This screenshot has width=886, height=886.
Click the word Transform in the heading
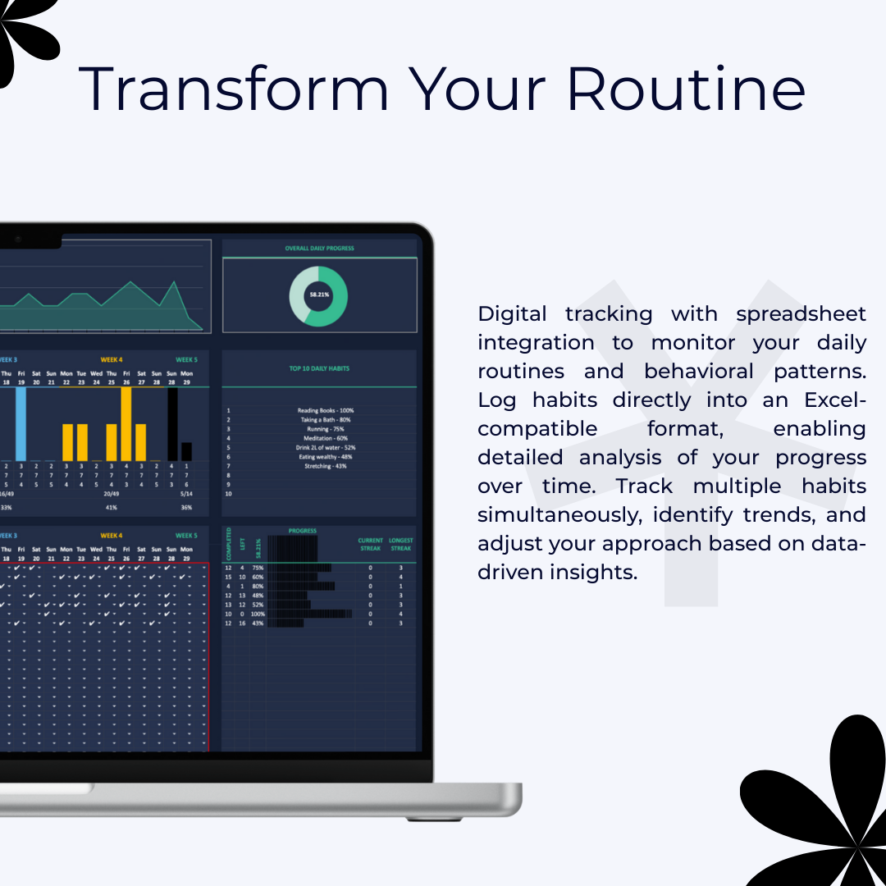[x=234, y=89]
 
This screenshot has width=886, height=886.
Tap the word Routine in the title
[x=686, y=89]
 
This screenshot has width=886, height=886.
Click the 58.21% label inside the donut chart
[x=318, y=295]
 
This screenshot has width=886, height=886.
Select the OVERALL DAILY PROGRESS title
[x=319, y=248]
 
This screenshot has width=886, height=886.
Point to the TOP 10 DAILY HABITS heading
[x=319, y=368]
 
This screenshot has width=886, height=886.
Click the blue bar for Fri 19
[x=21, y=423]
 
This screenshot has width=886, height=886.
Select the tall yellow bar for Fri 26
[x=126, y=423]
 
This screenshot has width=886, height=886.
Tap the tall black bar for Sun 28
[x=172, y=424]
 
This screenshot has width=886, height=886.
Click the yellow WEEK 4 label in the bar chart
[x=112, y=359]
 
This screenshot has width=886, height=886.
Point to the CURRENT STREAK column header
[x=371, y=544]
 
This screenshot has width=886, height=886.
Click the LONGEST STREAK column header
[x=401, y=544]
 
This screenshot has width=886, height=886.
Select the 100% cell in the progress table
[x=258, y=614]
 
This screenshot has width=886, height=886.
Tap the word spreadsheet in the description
[x=801, y=313]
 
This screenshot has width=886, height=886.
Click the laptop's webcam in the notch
[x=16, y=239]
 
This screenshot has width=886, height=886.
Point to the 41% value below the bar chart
[x=112, y=508]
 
